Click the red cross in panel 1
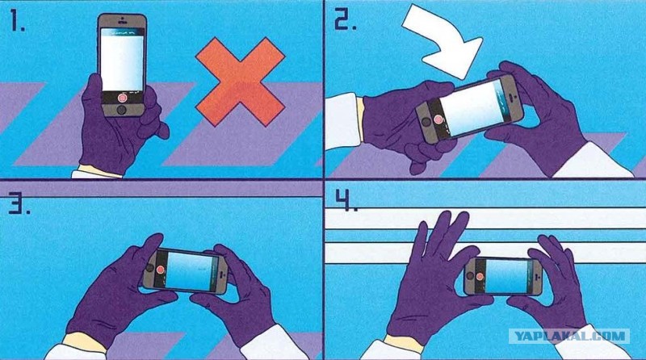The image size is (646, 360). [240, 82]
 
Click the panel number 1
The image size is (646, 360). [16, 22]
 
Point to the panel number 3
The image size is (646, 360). [19, 205]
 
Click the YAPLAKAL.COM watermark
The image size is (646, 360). [569, 336]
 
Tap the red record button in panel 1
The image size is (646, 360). [122, 98]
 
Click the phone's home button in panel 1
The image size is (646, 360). [122, 110]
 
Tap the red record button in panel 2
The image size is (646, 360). [438, 119]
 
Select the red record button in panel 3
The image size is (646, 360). [160, 270]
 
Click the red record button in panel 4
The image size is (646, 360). [480, 276]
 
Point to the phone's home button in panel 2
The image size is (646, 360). [426, 123]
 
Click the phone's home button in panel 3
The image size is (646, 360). [149, 268]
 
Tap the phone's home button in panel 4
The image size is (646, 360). [471, 276]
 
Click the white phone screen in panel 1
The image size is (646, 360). [123, 63]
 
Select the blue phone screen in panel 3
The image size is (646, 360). [190, 272]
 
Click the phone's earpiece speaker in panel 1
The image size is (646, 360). [122, 22]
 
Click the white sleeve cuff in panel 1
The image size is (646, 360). [97, 172]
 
